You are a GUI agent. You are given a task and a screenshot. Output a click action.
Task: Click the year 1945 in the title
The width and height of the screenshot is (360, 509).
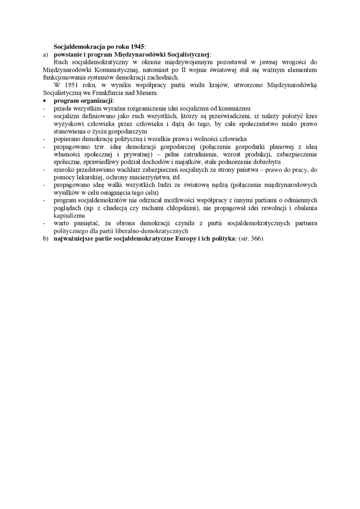point(136,47)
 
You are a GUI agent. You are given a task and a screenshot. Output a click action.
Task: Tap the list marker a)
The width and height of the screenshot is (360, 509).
point(45,55)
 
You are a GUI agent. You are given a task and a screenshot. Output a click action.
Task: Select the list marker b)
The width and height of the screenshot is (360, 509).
point(45,239)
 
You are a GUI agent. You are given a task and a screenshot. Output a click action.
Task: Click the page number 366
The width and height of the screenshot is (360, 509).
point(255,239)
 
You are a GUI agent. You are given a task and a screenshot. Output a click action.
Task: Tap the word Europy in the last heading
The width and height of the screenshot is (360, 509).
point(184,239)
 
